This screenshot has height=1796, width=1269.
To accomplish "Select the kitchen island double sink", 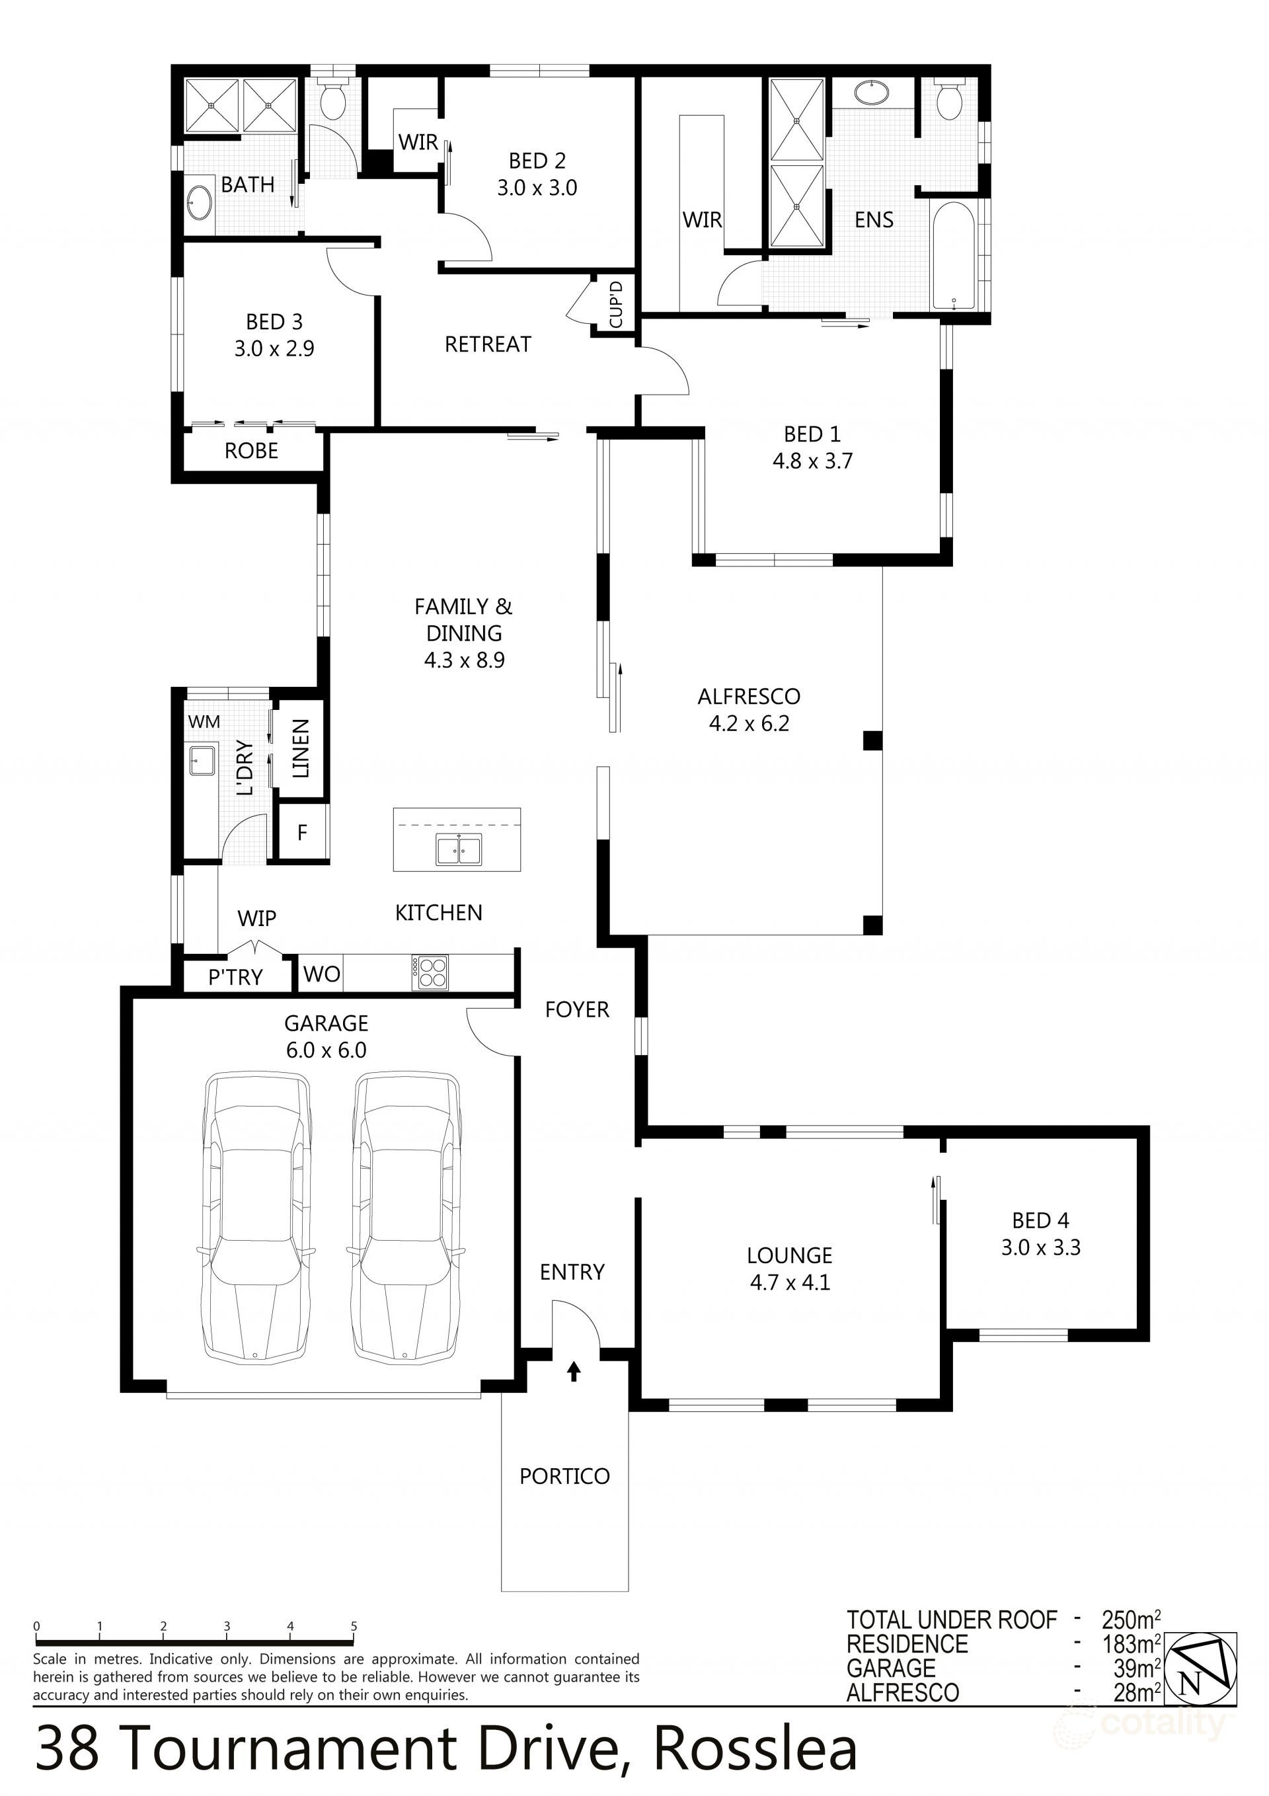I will tap(459, 849).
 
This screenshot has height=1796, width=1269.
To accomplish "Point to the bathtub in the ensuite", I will tap(953, 257).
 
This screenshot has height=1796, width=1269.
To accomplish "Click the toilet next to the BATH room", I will tap(333, 99).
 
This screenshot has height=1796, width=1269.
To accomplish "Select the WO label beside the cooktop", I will tap(322, 974).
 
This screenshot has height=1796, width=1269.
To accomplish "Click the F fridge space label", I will tap(302, 833).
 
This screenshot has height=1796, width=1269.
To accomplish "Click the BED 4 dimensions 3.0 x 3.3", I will tap(1040, 1247).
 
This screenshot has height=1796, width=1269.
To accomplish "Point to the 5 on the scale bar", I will tap(354, 1626).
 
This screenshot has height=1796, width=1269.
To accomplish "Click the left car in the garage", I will tap(256, 1219).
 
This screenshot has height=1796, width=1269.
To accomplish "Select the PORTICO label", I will tap(564, 1476).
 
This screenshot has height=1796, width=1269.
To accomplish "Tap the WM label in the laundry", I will tap(204, 721).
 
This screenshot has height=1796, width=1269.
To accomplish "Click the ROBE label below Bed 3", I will tap(251, 451).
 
